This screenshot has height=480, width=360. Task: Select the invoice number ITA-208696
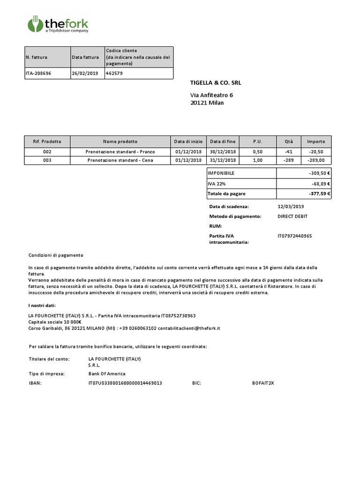pos(39,74)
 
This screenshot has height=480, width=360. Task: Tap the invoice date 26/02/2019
pos(85,74)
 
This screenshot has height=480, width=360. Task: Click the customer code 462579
pos(115,74)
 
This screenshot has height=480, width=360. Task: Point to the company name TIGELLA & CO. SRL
pos(216,83)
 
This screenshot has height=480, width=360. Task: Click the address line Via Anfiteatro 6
pos(211,95)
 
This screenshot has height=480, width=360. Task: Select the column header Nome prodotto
pos(120,141)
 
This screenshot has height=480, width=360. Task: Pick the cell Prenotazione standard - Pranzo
pos(120,152)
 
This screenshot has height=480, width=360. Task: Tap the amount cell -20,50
pos(316,152)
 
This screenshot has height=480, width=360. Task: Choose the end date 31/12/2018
pos(223,160)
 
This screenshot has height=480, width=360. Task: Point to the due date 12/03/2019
pos(291,207)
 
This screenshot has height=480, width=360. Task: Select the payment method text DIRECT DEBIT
pos(293,216)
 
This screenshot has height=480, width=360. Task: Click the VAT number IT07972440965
pos(295,236)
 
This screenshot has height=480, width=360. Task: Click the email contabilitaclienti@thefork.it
pos(190,328)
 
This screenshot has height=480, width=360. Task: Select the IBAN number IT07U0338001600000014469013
pos(125,383)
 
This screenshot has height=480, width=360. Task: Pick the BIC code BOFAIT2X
pos(263,383)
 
